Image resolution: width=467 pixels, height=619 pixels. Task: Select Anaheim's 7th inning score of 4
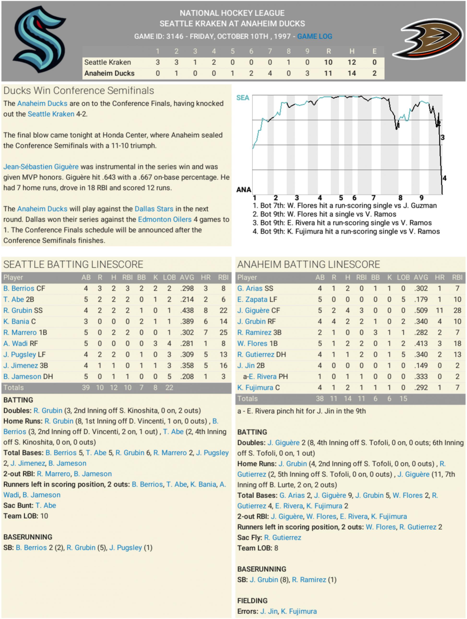pos(270,73)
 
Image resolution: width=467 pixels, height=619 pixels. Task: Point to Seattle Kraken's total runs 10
pos(328,62)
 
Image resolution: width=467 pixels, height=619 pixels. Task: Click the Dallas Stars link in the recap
pos(154,209)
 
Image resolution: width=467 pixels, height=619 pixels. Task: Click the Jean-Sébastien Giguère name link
pos(41,167)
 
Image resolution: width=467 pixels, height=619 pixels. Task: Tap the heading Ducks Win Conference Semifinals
pos(79,91)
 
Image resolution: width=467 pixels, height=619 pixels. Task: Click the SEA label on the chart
pos(242,98)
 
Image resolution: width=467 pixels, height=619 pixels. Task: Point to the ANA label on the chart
pos(243,190)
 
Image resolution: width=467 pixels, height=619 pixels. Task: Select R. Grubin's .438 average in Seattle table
pos(187,310)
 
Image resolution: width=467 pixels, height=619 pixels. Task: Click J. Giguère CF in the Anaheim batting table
pos(259,310)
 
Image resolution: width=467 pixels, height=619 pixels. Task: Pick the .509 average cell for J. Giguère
pos(421,310)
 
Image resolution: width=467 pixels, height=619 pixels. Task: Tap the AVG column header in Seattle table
pos(187,277)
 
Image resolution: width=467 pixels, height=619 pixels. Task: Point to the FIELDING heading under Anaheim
pos(252,601)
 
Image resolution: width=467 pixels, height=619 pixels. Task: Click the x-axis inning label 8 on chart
pos(400,198)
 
